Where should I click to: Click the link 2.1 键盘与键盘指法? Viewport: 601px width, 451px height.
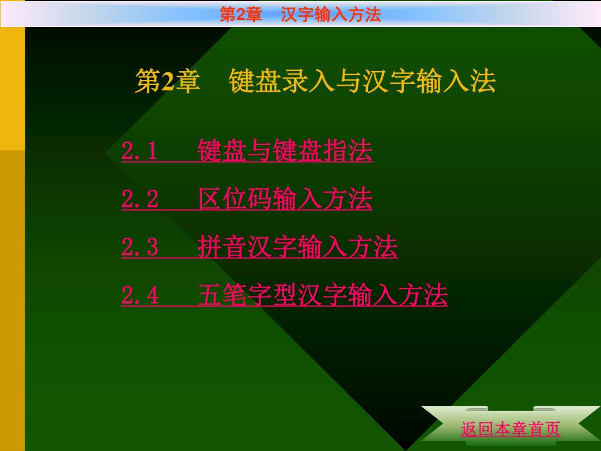(x=247, y=150)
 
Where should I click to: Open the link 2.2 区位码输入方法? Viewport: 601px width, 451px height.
(x=247, y=198)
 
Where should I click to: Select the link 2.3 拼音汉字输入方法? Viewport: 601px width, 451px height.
(x=259, y=247)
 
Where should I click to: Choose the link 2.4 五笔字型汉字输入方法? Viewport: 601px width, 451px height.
(x=285, y=295)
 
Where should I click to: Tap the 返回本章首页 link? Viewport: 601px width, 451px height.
(x=511, y=429)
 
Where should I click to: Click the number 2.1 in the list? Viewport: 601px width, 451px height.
(x=139, y=151)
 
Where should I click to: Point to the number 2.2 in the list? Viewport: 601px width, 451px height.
(x=140, y=199)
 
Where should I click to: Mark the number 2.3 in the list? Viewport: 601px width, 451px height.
(x=140, y=247)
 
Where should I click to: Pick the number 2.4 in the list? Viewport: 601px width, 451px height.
(x=140, y=295)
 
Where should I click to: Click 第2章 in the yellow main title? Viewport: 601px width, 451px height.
(x=167, y=81)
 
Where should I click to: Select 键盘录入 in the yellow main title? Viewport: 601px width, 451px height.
(x=282, y=81)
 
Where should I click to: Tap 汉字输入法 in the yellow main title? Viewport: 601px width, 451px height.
(x=429, y=81)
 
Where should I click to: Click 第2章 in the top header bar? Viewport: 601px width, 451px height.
(x=241, y=15)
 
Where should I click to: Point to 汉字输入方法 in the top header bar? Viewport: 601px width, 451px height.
(x=331, y=15)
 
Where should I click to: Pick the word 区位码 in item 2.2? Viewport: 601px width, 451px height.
(x=235, y=198)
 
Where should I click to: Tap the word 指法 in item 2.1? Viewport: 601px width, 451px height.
(x=347, y=150)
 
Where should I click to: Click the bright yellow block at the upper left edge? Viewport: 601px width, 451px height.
(x=13, y=89)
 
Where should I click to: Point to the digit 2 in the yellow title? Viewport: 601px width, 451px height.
(x=167, y=81)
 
